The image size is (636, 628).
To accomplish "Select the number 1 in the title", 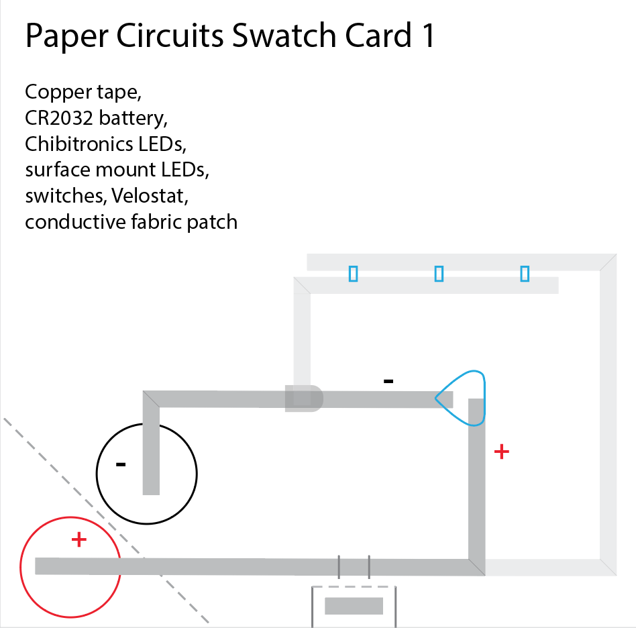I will point(427,36).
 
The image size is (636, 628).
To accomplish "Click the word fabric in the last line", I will point(156,222).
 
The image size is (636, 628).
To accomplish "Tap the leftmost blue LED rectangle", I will point(353,273).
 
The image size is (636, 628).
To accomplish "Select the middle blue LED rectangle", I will point(439,273).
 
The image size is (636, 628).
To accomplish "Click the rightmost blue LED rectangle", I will point(525,273).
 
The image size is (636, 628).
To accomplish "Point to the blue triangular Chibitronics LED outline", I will point(464,398).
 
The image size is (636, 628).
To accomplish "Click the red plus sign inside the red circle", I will point(79,539).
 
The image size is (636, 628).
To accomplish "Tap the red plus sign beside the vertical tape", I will point(501,452).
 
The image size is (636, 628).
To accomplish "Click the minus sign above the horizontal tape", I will point(388,381).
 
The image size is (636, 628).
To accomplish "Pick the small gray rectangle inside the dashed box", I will point(354,606).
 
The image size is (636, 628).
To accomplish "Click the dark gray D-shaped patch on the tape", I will point(303,399).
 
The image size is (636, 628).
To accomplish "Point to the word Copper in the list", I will point(52,92).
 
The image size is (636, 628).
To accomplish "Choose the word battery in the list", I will point(132,118).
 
